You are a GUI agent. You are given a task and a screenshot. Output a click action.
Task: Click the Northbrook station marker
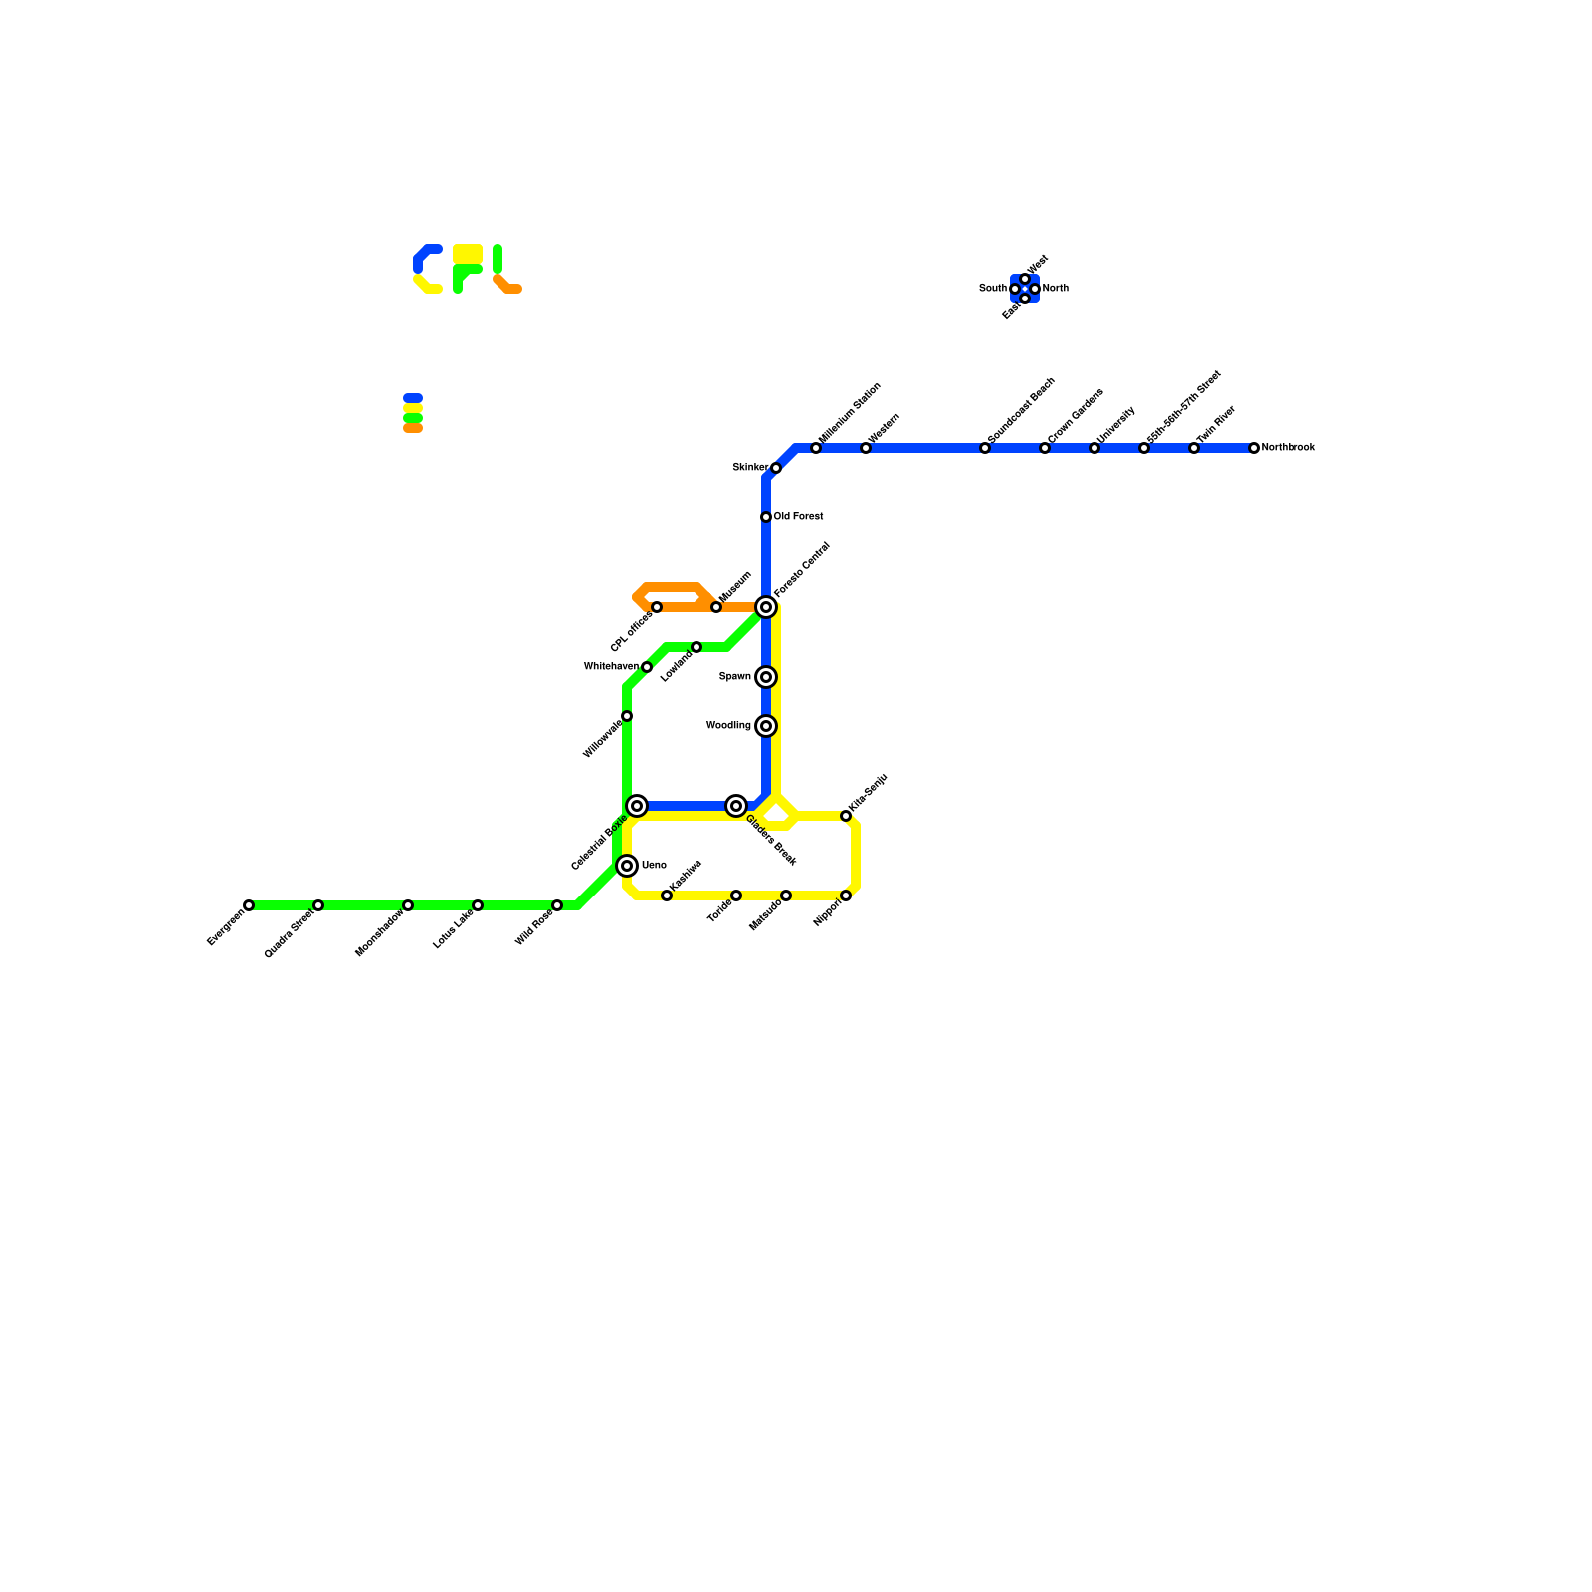[x=1254, y=448]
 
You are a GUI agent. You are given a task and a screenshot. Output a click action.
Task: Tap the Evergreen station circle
[x=249, y=905]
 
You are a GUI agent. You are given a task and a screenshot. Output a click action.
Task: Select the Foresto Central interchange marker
[x=766, y=607]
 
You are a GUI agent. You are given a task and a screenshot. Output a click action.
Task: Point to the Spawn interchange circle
[x=766, y=677]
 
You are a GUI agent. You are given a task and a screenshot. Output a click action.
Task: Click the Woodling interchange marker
[x=766, y=726]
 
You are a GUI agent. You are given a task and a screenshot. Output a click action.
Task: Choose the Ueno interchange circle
[x=627, y=866]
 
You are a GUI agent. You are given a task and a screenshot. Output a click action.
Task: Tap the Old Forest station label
[x=798, y=517]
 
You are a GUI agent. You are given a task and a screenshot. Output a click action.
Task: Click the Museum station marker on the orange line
[x=716, y=607]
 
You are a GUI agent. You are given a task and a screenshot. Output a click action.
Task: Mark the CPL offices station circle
[x=657, y=607]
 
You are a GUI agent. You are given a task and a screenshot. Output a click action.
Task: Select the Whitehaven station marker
[x=647, y=667]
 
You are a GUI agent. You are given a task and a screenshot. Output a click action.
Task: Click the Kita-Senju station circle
[x=846, y=816]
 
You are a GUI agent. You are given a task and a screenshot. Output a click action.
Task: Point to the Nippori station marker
[x=846, y=895]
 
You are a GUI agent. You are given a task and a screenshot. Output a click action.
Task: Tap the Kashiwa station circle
[x=667, y=895]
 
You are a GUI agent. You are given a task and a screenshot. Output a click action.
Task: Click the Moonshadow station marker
[x=408, y=905]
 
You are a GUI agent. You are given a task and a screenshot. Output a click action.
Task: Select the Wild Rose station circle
[x=557, y=905]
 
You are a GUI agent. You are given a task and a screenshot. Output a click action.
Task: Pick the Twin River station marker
[x=1194, y=448]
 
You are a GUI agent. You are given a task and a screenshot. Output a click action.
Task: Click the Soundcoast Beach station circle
[x=985, y=448]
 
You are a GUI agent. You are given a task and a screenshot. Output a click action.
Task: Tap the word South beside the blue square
[x=992, y=289]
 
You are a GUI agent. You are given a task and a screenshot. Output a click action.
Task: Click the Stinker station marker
[x=776, y=468]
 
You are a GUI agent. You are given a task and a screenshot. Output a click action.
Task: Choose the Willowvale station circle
[x=627, y=716]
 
